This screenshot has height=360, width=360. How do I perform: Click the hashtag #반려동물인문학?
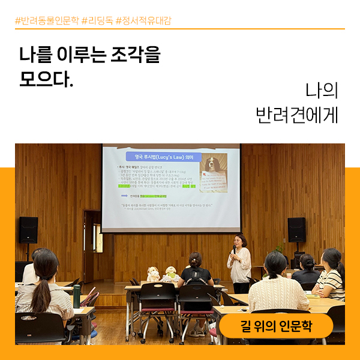pyautogui.click(x=47, y=20)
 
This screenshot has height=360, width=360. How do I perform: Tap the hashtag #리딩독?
pyautogui.click(x=97, y=20)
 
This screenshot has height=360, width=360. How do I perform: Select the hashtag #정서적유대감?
pyautogui.click(x=143, y=20)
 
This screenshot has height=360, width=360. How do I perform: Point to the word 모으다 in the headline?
pyautogui.click(x=46, y=79)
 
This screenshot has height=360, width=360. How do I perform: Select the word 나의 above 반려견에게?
pyautogui.click(x=322, y=90)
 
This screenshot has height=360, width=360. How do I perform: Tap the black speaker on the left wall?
pyautogui.click(x=28, y=229)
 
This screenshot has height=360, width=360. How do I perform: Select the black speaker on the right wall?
pyautogui.click(x=296, y=229)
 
